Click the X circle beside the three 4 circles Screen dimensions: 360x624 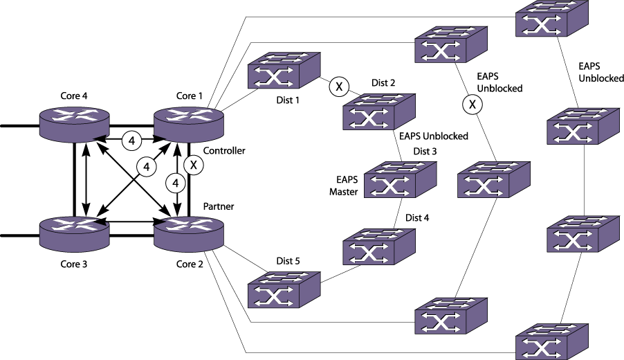pyautogui.click(x=194, y=165)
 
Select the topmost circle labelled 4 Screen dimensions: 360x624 pyautogui.click(x=131, y=141)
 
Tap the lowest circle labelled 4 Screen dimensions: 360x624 pyautogui.click(x=176, y=183)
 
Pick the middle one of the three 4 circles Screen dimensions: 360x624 pyautogui.click(x=147, y=167)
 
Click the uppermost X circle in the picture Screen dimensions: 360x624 pyautogui.click(x=339, y=87)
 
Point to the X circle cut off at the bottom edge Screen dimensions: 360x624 pyautogui.click(x=472, y=354)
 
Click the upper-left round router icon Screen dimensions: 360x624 pyautogui.click(x=74, y=124)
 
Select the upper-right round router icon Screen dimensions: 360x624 pyautogui.click(x=189, y=124)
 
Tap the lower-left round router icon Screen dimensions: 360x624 pyautogui.click(x=74, y=233)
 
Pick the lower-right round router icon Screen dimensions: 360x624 pyautogui.click(x=189, y=233)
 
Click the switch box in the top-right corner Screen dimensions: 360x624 pyautogui.click(x=551, y=19)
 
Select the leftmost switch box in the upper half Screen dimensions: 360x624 pyautogui.click(x=284, y=71)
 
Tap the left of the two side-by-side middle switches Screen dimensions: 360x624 pyautogui.click(x=400, y=180)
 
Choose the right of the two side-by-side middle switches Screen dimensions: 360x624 pyautogui.click(x=493, y=180)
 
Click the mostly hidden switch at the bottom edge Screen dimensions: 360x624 pyautogui.click(x=378, y=353)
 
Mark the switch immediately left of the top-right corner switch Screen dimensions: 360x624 pyautogui.click(x=450, y=45)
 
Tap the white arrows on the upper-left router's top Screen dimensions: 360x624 pyautogui.click(x=74, y=115)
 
